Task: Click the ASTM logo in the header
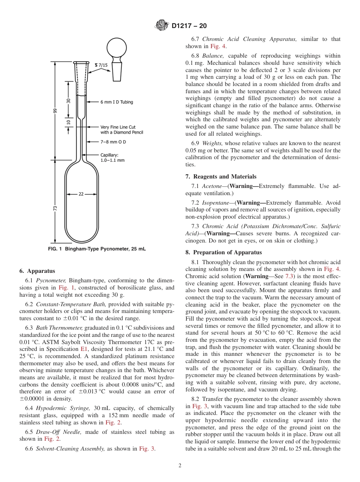[162, 26]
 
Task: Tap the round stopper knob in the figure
[117, 47]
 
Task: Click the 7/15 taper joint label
[101, 65]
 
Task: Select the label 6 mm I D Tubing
[116, 102]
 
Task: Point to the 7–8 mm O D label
[113, 142]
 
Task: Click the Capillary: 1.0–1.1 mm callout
[112, 158]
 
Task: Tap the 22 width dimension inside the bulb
[81, 194]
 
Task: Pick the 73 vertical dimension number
[55, 208]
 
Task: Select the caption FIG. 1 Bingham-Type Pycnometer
[97, 249]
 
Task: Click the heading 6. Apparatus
[37, 271]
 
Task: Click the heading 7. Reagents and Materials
[221, 177]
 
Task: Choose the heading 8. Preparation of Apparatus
[224, 252]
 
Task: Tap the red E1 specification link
[84, 349]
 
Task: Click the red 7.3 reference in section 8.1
[290, 276]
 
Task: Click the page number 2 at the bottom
[180, 465]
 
